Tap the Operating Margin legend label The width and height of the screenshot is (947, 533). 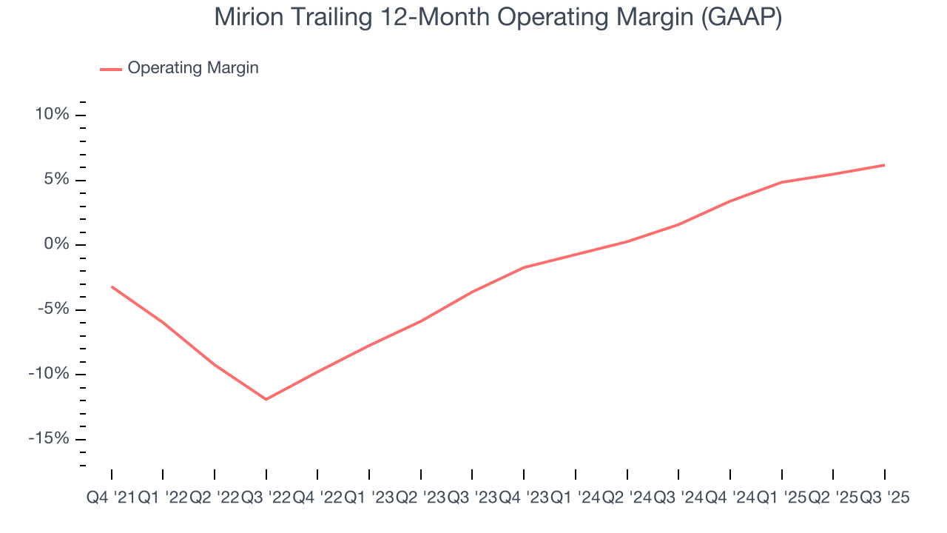coord(193,68)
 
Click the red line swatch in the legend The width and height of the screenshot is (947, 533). coord(111,69)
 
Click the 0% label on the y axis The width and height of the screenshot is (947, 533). coord(58,245)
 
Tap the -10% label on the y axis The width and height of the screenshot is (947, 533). coord(50,374)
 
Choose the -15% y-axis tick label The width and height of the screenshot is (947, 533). coord(50,438)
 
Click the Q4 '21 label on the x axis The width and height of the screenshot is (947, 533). coord(111,498)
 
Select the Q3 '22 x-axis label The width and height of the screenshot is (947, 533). coord(266,498)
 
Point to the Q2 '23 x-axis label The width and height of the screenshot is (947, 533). coord(420,498)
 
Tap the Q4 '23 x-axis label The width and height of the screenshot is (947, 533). coord(523,498)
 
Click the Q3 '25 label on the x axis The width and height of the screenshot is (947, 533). coord(884,498)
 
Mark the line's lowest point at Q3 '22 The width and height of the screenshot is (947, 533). coord(266,399)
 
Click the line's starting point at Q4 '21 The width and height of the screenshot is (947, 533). coord(112,286)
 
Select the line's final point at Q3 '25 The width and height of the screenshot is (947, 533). coord(884,165)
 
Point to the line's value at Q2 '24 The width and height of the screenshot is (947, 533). coord(627,241)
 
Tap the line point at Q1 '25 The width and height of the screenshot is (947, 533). coord(781,182)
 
